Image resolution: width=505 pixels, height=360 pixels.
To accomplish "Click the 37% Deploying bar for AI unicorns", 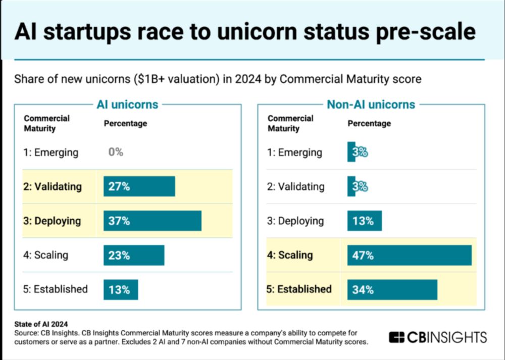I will pos(153,221).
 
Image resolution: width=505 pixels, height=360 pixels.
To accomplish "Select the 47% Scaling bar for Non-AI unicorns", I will pos(409,255).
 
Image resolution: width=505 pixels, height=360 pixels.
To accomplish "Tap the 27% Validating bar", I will pos(139,186).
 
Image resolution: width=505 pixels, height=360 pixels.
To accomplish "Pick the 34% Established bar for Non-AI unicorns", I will pos(392,289).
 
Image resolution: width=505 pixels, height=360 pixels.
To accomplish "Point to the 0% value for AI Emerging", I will pos(116,152).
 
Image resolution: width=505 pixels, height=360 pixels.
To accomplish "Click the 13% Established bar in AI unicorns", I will pos(121,289).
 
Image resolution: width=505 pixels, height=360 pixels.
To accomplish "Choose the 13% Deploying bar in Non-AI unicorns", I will pos(365,221).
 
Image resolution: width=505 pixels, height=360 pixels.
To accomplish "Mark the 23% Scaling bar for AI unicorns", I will pos(134,255).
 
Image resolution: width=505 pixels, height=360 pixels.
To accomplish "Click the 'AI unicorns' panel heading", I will pos(127,105).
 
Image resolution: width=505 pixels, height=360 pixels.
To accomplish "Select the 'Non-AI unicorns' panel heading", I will pos(371,105).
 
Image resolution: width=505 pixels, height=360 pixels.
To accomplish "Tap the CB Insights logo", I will pos(438,337).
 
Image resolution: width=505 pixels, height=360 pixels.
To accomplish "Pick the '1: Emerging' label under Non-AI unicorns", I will pos(295,152).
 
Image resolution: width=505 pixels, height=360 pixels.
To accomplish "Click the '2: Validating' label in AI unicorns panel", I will pos(53,186).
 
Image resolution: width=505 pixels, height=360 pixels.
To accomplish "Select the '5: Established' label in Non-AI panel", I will pos(299,289).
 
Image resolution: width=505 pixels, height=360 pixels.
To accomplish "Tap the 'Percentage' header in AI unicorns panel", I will pos(126,123).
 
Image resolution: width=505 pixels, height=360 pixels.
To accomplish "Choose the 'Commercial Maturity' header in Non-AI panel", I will pos(290,123).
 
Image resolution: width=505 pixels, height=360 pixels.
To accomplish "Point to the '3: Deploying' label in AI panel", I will pos(52,221).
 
